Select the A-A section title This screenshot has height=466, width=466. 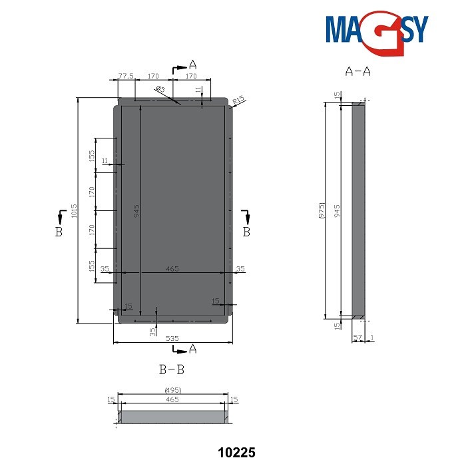click(x=357, y=71)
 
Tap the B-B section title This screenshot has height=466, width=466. click(x=171, y=368)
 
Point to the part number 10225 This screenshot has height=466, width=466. click(x=237, y=453)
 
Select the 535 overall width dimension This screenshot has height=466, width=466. click(x=172, y=338)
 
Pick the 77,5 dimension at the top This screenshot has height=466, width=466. click(x=126, y=77)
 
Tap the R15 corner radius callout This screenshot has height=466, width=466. click(x=240, y=100)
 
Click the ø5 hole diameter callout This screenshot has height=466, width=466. click(x=160, y=89)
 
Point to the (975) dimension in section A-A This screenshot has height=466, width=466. click(x=321, y=210)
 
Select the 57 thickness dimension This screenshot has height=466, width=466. click(x=357, y=338)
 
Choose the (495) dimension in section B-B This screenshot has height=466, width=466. click(x=172, y=390)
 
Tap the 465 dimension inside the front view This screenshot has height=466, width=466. click(x=172, y=268)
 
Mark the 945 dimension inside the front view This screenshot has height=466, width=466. click(x=136, y=212)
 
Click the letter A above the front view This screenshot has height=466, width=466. click(x=193, y=65)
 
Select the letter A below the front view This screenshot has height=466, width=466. click(x=193, y=349)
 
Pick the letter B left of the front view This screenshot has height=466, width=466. click(x=59, y=232)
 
